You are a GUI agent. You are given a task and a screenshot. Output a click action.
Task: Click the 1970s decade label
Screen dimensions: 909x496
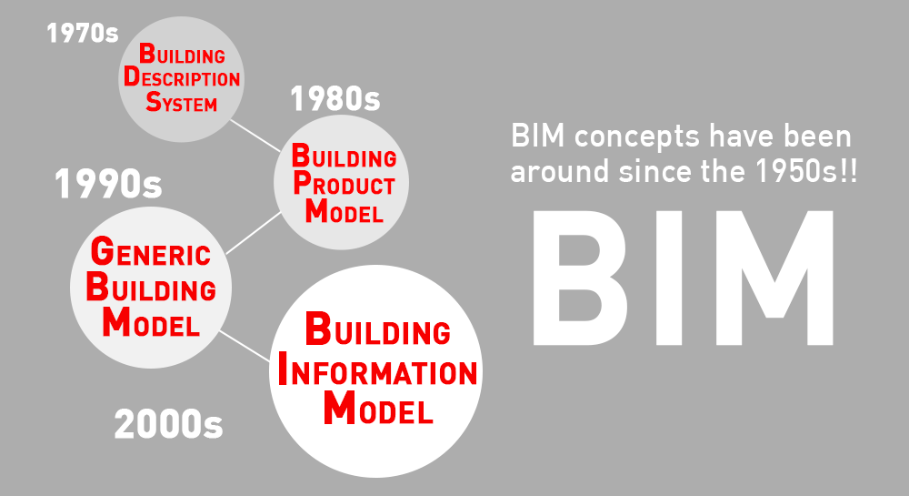(83, 33)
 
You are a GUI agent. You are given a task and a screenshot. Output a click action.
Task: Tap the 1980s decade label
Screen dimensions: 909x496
(335, 98)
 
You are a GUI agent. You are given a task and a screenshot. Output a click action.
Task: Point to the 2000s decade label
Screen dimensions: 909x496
(168, 423)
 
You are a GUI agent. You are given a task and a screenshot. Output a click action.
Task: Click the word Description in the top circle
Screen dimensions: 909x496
(182, 77)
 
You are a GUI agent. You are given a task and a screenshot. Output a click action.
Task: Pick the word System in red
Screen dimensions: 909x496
(182, 102)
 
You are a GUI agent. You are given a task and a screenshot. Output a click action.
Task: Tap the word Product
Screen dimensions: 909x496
(344, 184)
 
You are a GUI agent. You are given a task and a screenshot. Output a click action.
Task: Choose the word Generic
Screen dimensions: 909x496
(151, 252)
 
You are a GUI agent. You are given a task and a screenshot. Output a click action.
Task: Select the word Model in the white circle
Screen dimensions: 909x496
(378, 408)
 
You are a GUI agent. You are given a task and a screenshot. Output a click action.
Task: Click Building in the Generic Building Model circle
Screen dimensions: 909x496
(151, 288)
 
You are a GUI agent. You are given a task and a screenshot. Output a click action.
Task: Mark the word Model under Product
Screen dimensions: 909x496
(345, 210)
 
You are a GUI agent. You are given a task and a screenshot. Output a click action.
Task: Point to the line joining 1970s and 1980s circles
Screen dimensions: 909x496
(255, 136)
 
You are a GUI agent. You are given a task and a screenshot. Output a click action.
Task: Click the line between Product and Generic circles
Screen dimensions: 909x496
(254, 233)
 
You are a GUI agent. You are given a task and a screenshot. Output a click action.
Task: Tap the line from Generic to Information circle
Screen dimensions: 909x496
(245, 347)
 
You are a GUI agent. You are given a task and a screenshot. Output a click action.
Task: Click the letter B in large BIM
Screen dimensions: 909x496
(579, 278)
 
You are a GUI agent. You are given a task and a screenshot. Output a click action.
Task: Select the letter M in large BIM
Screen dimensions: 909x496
(772, 278)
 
